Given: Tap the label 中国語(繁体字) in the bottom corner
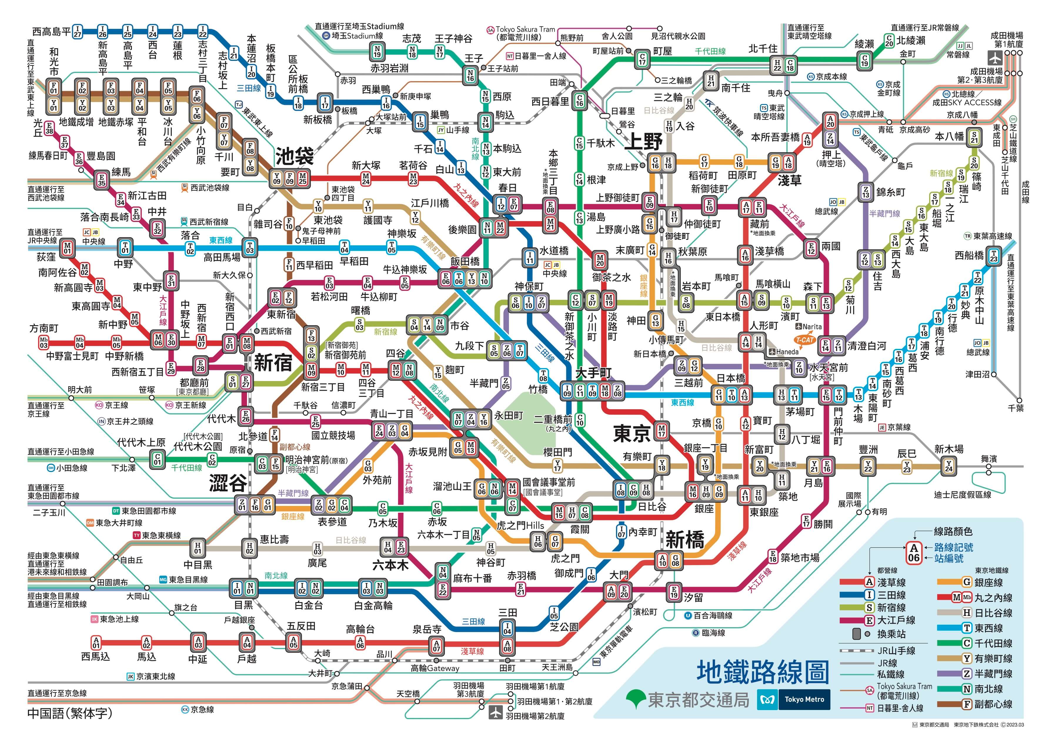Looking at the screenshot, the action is click(x=70, y=714).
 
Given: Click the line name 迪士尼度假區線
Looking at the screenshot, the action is click(x=962, y=495).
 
